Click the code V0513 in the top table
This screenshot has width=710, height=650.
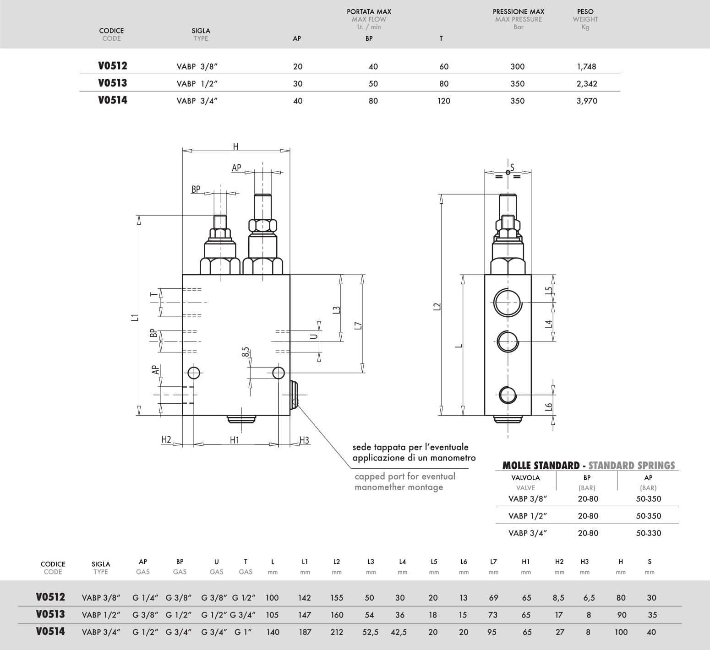coord(113,83)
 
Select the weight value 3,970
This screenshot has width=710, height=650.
coord(587,101)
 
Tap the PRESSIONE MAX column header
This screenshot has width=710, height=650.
coord(519,11)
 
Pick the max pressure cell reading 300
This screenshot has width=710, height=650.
coord(518,66)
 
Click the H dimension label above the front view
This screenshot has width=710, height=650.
coord(236,146)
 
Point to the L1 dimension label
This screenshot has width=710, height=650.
coord(134,317)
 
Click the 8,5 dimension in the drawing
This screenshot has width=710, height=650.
coord(246,352)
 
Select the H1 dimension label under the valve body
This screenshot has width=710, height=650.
coord(235,440)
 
